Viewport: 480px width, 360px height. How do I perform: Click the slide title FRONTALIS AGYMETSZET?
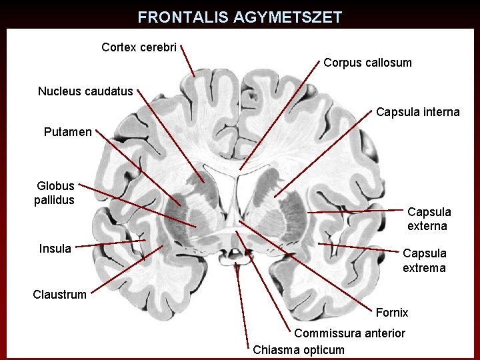239,17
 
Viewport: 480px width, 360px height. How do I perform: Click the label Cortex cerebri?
139,48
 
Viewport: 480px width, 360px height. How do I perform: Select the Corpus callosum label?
367,63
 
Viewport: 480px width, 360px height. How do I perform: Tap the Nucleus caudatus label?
85,91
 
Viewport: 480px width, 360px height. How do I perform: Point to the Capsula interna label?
417,112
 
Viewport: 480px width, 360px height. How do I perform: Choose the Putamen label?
67,132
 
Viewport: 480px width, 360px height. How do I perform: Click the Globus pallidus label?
55,193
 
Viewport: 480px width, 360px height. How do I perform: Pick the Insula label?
55,249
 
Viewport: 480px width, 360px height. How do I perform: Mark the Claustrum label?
59,294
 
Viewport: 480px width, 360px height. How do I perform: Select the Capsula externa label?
429,219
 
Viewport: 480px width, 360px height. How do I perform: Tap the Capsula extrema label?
424,261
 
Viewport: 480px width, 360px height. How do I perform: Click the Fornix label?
392,313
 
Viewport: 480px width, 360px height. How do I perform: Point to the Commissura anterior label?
349,333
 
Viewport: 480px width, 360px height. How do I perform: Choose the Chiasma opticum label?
299,350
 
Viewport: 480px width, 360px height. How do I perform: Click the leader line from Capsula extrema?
360,248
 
